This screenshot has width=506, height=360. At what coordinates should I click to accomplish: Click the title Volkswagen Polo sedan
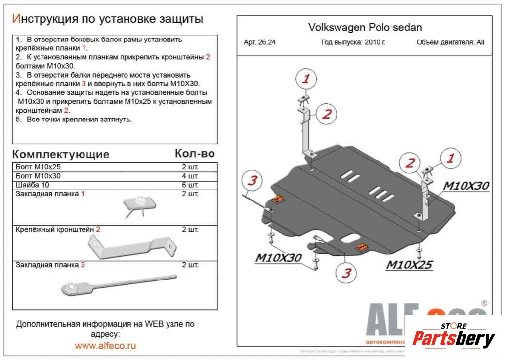(x=365, y=27)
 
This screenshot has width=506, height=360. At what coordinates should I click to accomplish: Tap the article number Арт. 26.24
(x=259, y=42)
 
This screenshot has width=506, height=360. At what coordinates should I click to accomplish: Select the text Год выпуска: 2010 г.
(x=353, y=42)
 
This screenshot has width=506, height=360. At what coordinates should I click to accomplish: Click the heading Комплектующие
(x=60, y=154)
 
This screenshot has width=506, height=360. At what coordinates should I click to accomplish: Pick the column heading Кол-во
(x=195, y=154)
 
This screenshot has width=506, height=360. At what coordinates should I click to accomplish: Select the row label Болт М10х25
(x=39, y=167)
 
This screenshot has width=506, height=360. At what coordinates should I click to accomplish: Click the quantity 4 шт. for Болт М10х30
(x=190, y=176)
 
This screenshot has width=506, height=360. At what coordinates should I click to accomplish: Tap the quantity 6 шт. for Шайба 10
(x=190, y=185)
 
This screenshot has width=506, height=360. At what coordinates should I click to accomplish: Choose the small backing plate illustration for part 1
(x=140, y=204)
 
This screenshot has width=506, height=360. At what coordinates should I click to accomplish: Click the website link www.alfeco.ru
(x=105, y=346)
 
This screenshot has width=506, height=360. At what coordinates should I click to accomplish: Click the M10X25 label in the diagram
(x=409, y=265)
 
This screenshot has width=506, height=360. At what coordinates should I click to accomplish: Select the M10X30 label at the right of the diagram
(x=465, y=186)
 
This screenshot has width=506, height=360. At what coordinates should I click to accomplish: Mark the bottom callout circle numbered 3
(x=347, y=272)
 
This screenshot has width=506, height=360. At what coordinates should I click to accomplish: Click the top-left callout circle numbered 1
(x=306, y=79)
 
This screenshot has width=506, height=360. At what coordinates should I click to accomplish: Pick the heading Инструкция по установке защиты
(x=107, y=19)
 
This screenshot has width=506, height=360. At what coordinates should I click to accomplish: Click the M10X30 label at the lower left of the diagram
(x=278, y=258)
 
